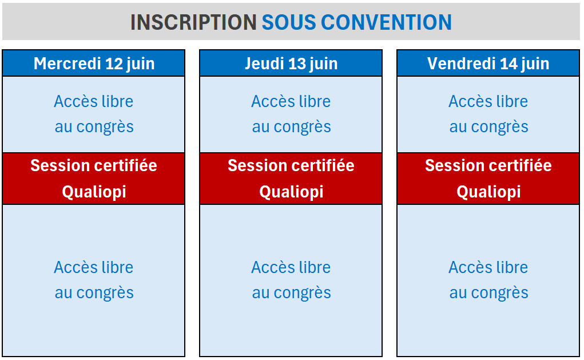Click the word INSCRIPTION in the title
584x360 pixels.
193,22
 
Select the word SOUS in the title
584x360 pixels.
289,22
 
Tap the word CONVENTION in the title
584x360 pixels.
386,22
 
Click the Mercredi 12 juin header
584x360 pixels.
94,64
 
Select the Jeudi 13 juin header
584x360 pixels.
291,64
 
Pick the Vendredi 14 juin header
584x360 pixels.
488,64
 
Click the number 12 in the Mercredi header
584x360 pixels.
114,64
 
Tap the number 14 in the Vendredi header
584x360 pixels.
509,64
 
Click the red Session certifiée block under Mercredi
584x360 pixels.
94,179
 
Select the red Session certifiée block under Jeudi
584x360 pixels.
291,179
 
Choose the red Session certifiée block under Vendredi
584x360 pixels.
488,179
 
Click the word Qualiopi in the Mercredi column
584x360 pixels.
94,192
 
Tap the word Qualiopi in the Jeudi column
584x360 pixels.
291,192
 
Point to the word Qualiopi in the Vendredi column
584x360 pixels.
488,192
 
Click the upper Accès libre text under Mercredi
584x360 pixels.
94,101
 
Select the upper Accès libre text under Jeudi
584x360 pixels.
291,101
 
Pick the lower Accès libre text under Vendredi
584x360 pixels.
488,268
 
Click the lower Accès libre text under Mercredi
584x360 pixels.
94,268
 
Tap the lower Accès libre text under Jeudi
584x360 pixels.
291,268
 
